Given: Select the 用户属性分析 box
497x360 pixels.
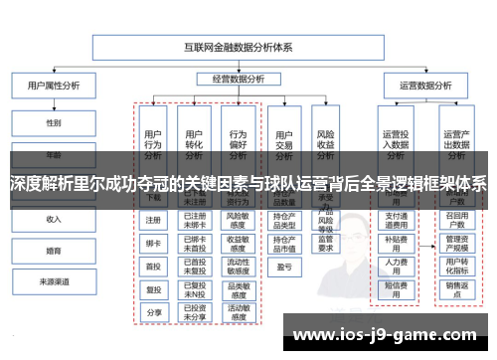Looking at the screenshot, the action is (53, 86).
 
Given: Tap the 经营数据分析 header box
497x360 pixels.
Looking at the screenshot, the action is (240, 79).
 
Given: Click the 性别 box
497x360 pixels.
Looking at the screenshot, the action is (53, 123).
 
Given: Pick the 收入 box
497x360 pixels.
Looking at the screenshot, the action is (53, 219).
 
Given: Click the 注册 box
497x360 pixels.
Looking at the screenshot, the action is (153, 220).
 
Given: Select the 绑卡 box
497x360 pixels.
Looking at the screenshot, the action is (153, 243).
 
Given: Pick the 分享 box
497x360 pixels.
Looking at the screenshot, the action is (153, 312).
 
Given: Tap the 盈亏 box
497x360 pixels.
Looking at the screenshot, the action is (284, 268).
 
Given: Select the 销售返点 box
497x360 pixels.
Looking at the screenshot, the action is (456, 288).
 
